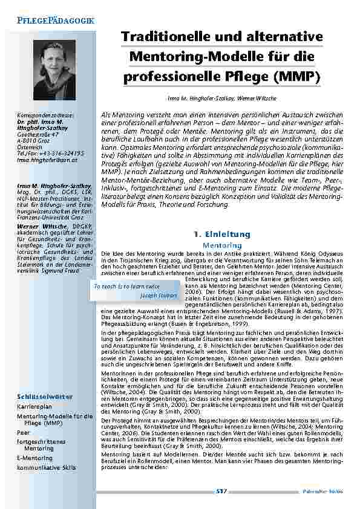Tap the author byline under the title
222,97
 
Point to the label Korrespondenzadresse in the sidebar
45,114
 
